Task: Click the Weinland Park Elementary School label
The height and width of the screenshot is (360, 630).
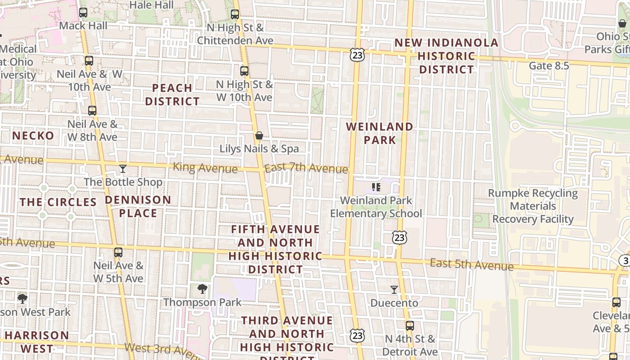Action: (x=376, y=207)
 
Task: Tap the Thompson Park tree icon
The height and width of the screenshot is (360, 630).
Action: (x=202, y=289)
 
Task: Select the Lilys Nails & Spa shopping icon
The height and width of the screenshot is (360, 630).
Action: (x=259, y=135)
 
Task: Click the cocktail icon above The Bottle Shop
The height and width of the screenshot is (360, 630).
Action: (x=123, y=169)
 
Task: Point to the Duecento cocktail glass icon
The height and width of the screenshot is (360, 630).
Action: (x=394, y=290)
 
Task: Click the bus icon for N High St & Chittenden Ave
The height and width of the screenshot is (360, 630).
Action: (x=235, y=14)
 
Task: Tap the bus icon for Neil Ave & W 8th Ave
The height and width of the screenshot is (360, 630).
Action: (x=92, y=110)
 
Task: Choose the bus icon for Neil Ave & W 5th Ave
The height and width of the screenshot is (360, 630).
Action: (x=118, y=252)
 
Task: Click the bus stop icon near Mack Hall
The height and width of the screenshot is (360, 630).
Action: (x=83, y=13)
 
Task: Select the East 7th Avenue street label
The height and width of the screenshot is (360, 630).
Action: (x=306, y=168)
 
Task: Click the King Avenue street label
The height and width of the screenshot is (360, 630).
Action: (x=205, y=168)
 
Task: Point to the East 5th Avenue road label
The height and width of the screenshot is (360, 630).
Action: (x=472, y=264)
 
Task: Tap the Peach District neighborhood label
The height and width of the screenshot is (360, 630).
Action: (x=172, y=94)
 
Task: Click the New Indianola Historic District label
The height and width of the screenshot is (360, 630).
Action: (x=446, y=56)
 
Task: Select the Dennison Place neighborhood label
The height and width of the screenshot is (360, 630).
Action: (x=138, y=206)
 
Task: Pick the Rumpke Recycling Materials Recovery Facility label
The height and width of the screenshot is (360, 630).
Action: (x=533, y=206)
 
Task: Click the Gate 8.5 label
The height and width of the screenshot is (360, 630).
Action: (x=549, y=66)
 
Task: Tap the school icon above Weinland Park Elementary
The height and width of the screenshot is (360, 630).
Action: (x=376, y=187)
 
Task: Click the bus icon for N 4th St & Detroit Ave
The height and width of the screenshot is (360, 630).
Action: (x=410, y=326)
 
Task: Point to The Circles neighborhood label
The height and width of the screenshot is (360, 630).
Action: (x=58, y=202)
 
